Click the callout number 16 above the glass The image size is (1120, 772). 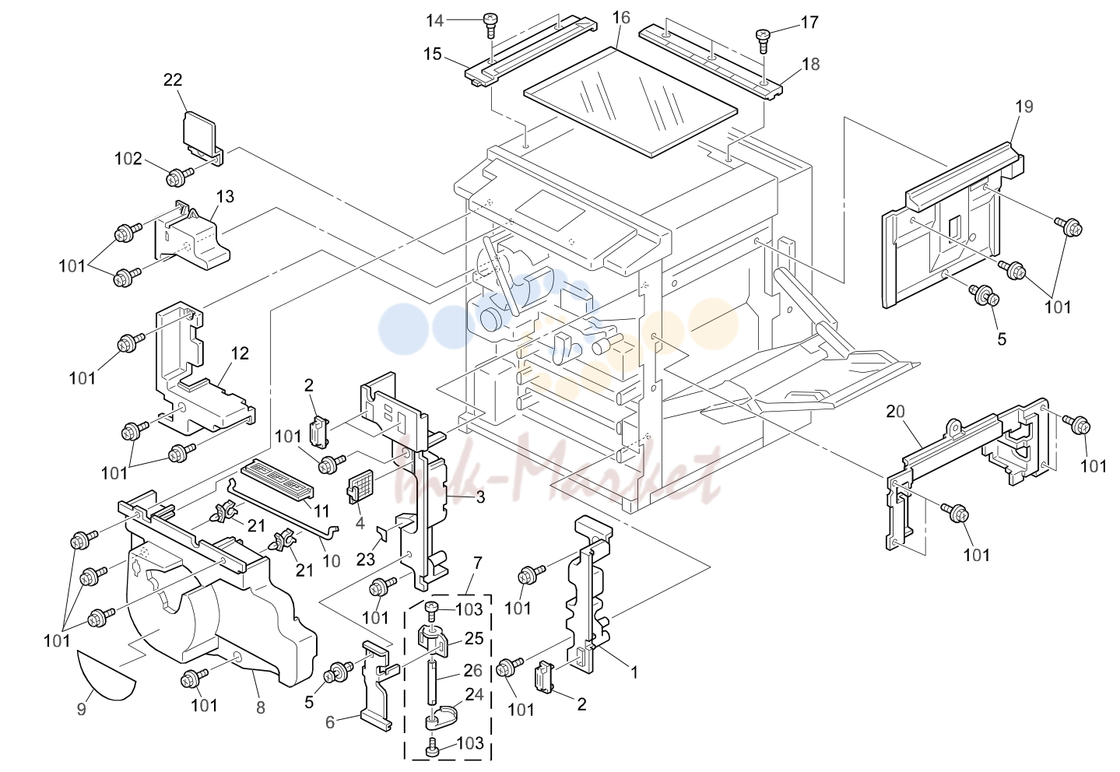click(621, 18)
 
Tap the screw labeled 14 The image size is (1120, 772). click(490, 26)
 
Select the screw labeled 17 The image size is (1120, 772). click(763, 41)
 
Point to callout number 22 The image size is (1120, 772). click(173, 80)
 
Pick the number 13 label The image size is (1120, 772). click(226, 196)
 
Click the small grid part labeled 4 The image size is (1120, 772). click(360, 486)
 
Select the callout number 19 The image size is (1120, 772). click(1024, 107)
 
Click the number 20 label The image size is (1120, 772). click(896, 412)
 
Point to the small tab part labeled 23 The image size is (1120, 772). click(382, 534)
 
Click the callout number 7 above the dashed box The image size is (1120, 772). click(478, 563)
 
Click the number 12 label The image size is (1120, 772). click(240, 353)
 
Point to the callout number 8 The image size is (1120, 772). click(261, 708)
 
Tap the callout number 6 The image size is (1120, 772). click(330, 722)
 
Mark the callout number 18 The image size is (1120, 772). click(811, 64)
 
